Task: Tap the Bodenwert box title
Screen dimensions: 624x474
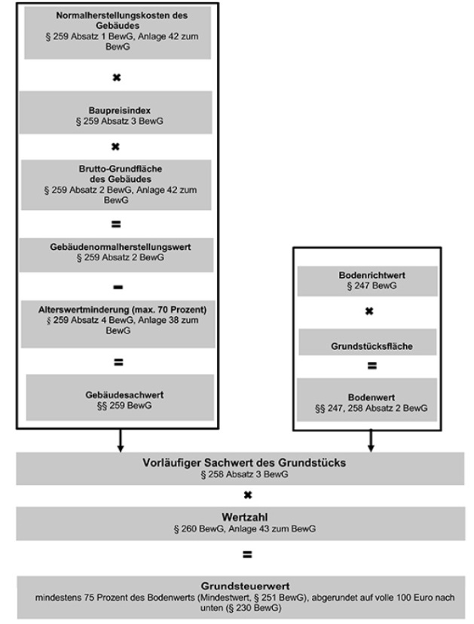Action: (366, 397)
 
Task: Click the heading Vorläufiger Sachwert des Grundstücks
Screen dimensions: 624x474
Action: (246, 463)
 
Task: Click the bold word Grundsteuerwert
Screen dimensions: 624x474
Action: (246, 584)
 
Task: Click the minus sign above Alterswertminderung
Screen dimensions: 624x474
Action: (116, 287)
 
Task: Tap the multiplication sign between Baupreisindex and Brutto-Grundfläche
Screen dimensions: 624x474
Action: (116, 146)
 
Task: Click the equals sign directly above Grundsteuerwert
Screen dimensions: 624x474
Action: (246, 555)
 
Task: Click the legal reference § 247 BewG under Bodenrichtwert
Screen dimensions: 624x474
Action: (366, 287)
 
